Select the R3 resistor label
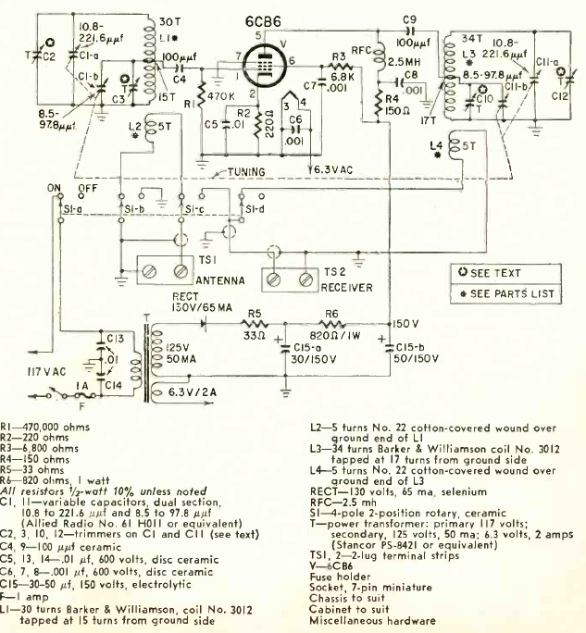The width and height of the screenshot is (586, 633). [x=339, y=58]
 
